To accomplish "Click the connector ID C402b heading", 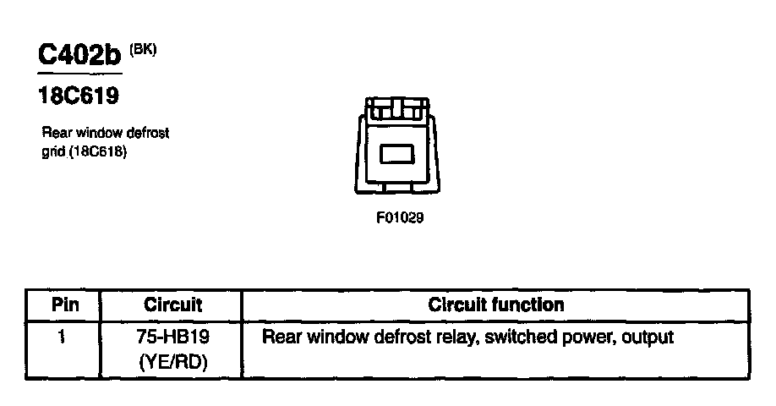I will (79, 56).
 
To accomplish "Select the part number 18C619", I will (79, 96).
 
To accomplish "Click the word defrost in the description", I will (148, 134).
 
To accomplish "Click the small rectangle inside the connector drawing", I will (396, 155).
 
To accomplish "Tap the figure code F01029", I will (399, 217).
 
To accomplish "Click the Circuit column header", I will (172, 304).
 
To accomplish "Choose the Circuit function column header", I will (496, 304).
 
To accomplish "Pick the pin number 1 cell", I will (62, 337).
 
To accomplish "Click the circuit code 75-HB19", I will (172, 337).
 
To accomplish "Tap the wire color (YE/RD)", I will (172, 361).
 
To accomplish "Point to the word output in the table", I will (647, 337).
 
